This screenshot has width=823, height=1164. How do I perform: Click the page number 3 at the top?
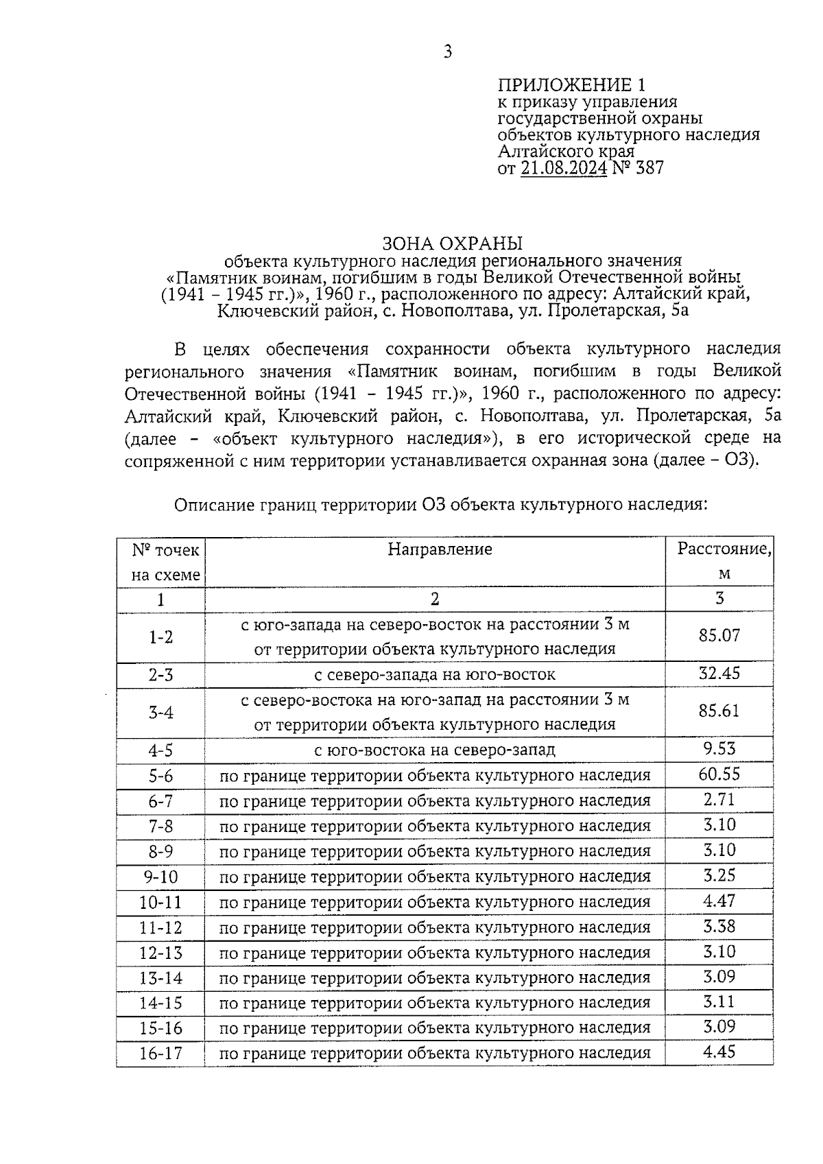point(447,52)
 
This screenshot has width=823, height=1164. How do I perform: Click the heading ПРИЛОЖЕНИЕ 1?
point(571,85)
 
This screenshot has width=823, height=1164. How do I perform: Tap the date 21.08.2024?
point(563,168)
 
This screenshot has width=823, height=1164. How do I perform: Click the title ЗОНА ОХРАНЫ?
point(452,244)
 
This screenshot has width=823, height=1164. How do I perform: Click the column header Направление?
point(440,549)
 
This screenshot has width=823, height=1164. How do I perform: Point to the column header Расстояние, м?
point(724,560)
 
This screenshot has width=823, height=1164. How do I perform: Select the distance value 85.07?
point(719,635)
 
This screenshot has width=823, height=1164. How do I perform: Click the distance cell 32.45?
point(719,673)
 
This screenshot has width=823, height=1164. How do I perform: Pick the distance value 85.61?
point(719,711)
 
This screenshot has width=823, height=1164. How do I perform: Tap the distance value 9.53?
point(719,748)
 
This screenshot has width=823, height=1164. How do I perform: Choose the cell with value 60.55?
point(719,774)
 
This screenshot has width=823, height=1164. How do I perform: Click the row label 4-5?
point(160,750)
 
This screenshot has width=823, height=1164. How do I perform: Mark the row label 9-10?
point(160,877)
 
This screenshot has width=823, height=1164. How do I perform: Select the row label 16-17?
point(160,1054)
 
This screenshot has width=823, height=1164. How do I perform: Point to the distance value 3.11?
point(719,1002)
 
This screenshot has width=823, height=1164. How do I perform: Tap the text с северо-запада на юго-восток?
point(435,675)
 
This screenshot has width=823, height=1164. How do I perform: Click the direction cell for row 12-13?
point(435,953)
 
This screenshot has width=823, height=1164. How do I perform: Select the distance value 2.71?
point(719,799)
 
